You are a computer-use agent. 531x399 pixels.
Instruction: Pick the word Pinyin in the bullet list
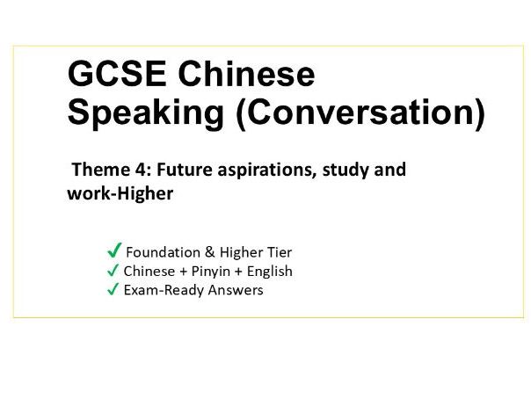(211, 272)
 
